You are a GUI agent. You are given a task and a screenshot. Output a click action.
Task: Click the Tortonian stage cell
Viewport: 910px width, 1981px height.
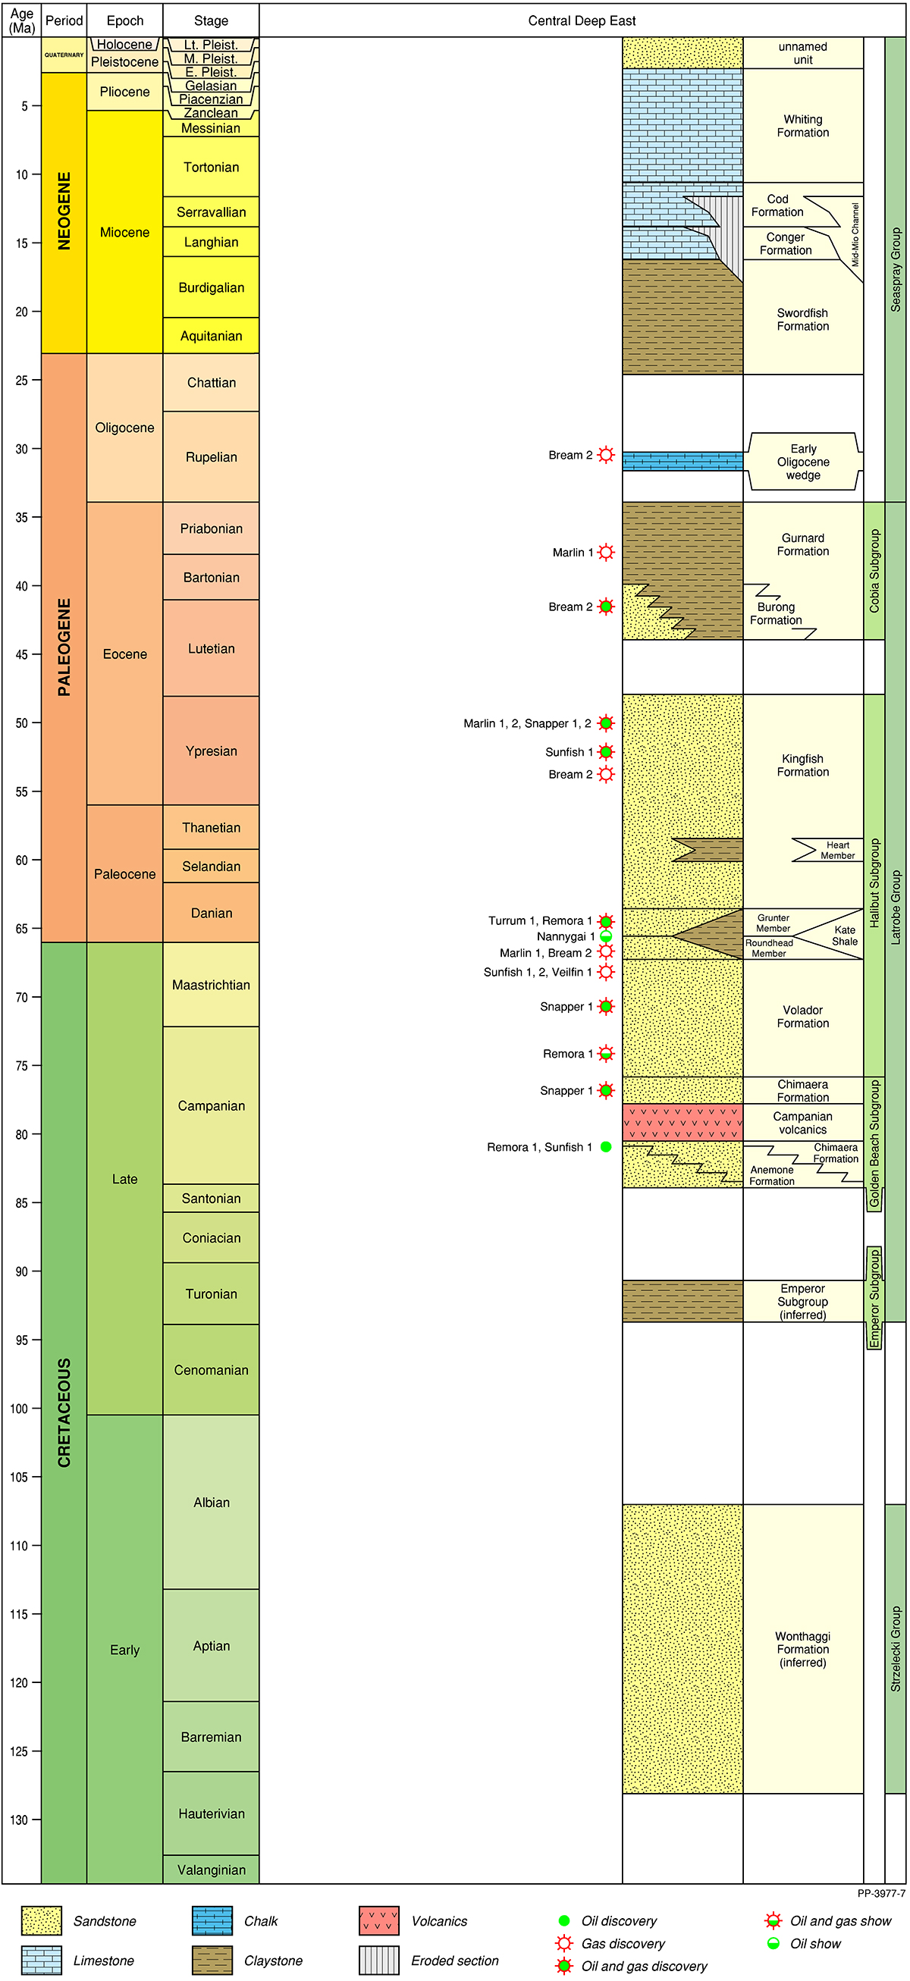(211, 167)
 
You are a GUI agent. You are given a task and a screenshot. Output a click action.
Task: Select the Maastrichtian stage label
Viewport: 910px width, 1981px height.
(211, 984)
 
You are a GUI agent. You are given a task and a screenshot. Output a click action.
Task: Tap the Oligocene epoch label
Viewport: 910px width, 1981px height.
(124, 428)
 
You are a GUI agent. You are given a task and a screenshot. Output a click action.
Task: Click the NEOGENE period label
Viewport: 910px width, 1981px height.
(64, 211)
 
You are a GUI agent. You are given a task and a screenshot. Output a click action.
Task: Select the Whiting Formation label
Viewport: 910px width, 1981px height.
(802, 126)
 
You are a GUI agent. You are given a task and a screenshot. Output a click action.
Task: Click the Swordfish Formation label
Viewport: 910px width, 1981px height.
(802, 319)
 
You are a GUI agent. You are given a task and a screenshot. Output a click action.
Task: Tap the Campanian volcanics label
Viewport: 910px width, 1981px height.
(802, 1123)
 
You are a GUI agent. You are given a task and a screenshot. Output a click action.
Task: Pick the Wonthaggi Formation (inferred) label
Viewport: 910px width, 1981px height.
(802, 1649)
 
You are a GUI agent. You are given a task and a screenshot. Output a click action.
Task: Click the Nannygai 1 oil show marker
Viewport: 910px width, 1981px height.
(606, 936)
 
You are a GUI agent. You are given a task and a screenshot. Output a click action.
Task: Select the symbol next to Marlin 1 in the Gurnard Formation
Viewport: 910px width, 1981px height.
(606, 552)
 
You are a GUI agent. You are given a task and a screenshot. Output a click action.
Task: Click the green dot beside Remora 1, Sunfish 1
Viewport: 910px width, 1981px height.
(606, 1146)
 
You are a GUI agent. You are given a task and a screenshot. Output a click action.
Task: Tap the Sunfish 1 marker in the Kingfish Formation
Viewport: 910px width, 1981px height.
(606, 751)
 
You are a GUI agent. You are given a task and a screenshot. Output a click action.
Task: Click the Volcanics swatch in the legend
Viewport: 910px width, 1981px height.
(378, 1920)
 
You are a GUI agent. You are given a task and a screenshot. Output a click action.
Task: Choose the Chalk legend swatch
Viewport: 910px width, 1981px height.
(212, 1920)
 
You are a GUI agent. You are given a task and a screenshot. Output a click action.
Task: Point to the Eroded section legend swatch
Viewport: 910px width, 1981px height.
(378, 1961)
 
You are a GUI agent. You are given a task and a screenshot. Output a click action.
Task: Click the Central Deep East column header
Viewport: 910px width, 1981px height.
(582, 20)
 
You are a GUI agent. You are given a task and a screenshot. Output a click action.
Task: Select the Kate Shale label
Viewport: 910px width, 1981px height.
(844, 935)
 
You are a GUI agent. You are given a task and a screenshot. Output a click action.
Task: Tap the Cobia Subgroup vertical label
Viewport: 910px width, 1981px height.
(874, 571)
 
